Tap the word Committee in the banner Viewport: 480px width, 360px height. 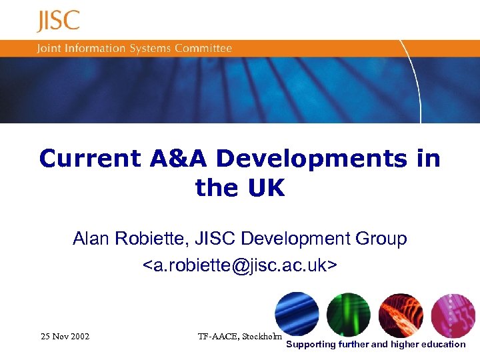[x=203, y=49]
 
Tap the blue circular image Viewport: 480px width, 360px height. [x=297, y=315]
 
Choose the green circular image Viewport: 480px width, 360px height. [x=349, y=315]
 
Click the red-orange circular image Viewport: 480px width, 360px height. [x=401, y=315]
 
